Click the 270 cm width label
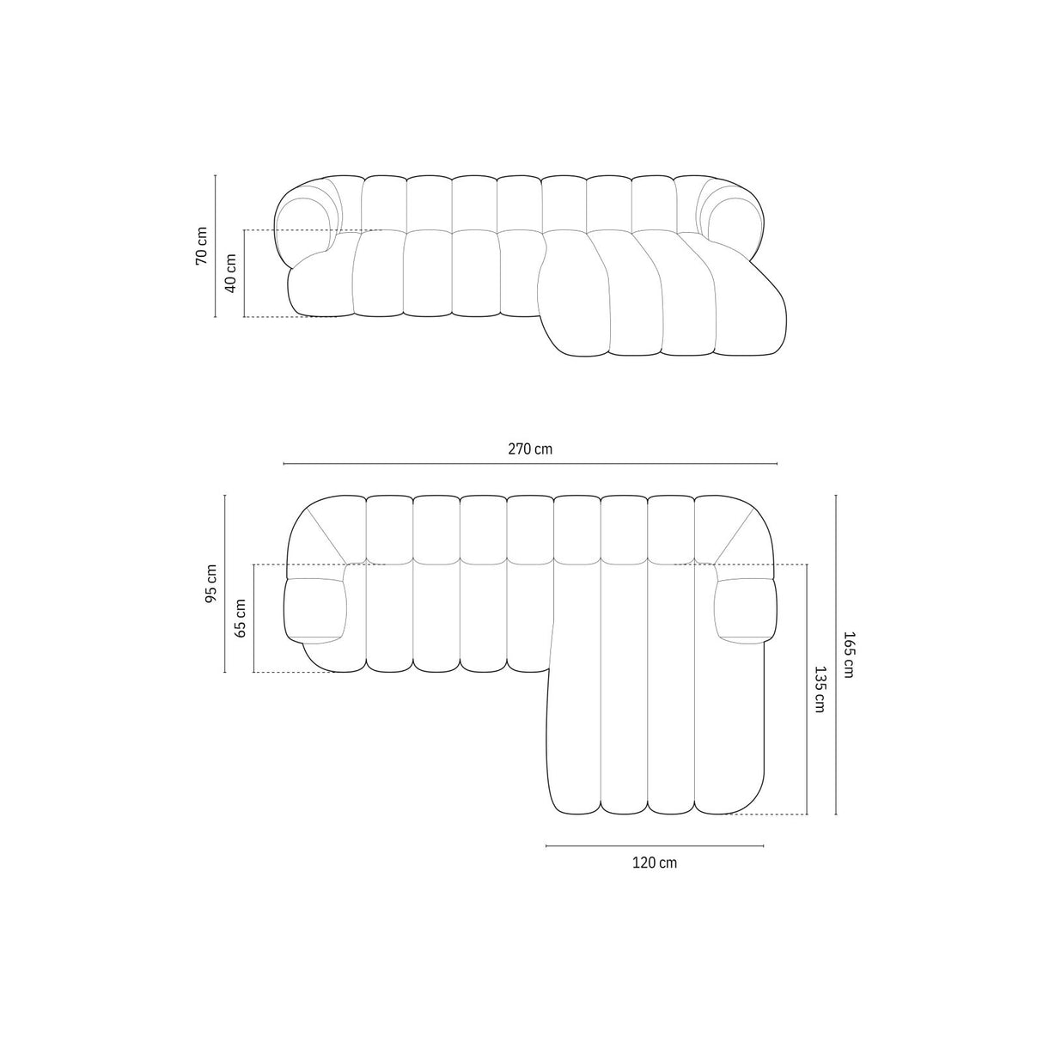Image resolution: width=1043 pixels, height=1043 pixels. pos(530,448)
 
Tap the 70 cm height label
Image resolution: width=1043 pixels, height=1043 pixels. pos(202,246)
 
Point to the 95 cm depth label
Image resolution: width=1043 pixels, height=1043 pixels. pos(210,584)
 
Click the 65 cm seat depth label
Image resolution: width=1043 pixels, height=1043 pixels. pos(241,617)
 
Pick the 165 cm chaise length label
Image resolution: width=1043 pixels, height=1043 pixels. pos(849,656)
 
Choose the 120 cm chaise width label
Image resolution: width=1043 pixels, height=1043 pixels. pos(655,863)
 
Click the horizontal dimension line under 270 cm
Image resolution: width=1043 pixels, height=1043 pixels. pos(530,464)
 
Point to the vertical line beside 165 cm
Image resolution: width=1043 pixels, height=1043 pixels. pos(836,656)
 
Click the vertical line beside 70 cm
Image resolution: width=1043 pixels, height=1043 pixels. pos(215,246)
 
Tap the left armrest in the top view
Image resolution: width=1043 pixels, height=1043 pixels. pos(314,611)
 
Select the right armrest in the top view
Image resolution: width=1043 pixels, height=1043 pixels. pos(746,611)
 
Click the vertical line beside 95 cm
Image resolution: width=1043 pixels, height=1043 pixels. pos(224,584)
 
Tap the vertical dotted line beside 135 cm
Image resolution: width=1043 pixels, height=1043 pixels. pos(807,689)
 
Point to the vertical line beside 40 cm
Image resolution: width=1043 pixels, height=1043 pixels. pos(245,273)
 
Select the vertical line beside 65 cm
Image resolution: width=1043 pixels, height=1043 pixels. pos(254,617)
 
